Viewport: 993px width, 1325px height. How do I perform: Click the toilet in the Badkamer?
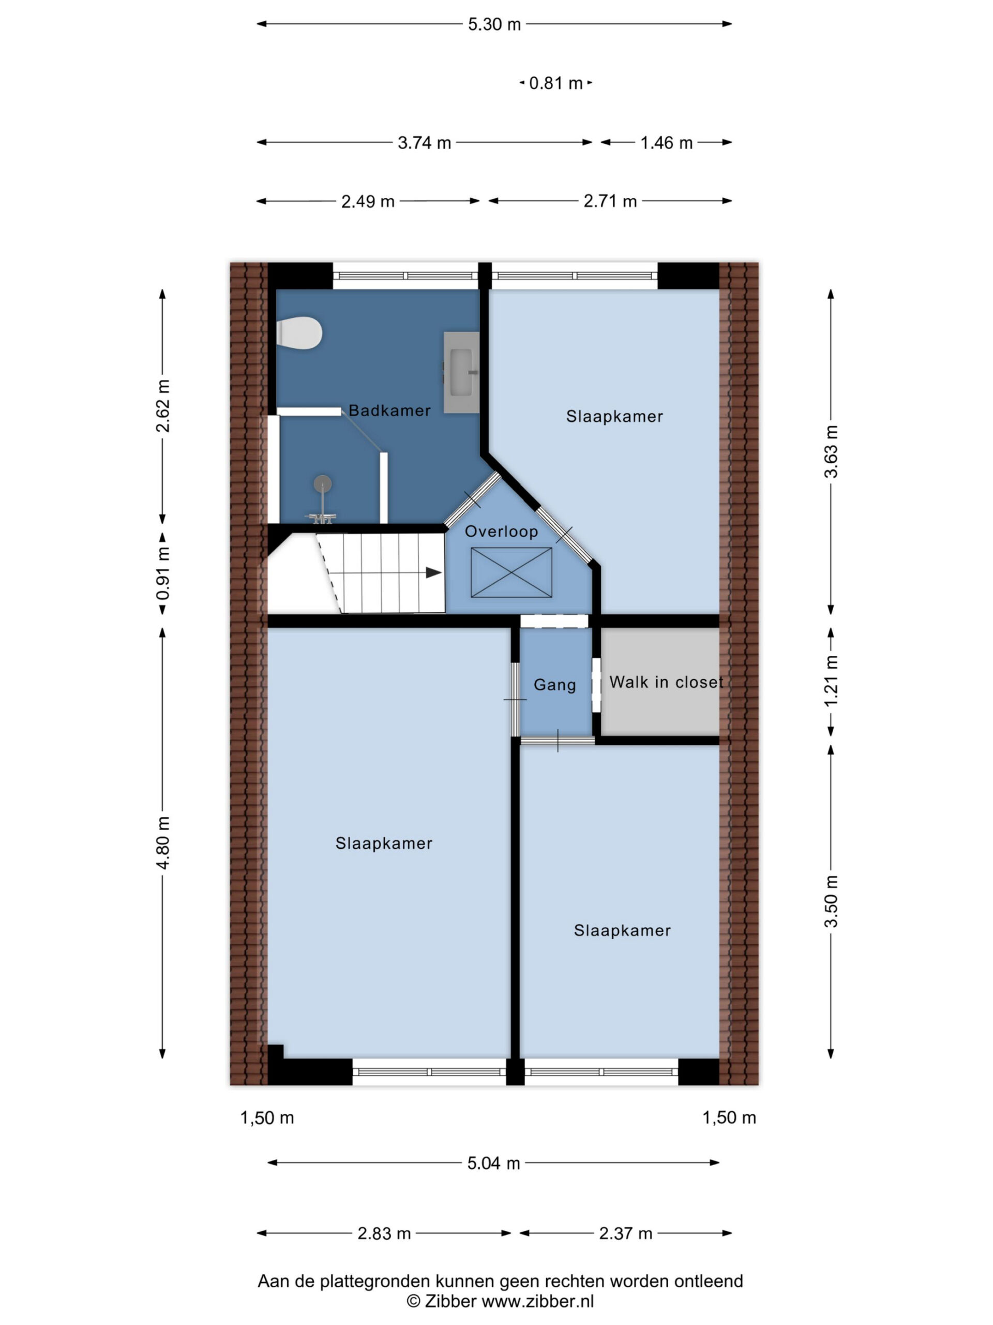coord(299,333)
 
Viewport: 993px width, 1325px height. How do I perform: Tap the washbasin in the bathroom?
coord(461,372)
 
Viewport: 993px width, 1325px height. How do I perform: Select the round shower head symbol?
coord(323,483)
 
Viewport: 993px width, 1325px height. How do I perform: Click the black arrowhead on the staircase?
coord(433,572)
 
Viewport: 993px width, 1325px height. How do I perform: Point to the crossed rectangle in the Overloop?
coord(511,572)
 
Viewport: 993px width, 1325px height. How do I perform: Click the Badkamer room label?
coord(389,410)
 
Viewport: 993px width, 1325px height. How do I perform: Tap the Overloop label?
coord(502,532)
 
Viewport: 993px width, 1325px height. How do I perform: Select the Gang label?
coord(555,685)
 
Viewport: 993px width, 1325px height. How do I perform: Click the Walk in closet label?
coord(666,682)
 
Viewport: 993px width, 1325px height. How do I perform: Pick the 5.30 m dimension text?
coord(494,24)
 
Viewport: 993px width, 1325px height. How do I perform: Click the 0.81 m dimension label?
coord(555,83)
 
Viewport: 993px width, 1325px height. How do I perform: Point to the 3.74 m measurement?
coord(425,142)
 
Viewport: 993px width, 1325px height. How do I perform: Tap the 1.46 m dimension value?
coord(666,142)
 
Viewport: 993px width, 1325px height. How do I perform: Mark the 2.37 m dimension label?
coord(625,1233)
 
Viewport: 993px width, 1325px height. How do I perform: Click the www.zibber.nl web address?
coord(537,1301)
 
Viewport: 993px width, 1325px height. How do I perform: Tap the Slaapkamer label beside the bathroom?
coord(615,416)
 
